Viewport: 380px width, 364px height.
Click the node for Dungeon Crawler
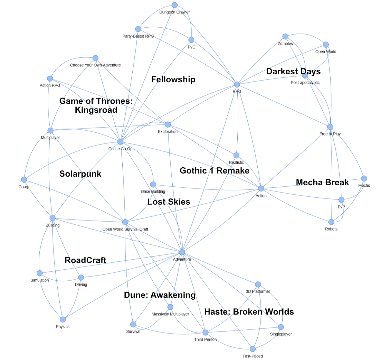point(174,5)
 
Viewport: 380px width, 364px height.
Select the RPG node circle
point(237,84)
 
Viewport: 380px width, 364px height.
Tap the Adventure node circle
point(182,252)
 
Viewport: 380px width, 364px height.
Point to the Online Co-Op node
point(120,142)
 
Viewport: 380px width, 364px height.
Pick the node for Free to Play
point(330,127)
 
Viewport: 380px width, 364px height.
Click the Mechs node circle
point(364,178)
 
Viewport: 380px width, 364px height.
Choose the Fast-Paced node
point(253,349)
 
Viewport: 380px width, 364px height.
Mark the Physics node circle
point(63,319)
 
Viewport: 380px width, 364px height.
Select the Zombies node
point(285,37)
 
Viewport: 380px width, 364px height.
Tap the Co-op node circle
point(24,180)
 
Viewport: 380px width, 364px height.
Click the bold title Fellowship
point(173,80)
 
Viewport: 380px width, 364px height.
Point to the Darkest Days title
point(293,72)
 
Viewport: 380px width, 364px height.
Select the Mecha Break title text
point(322,182)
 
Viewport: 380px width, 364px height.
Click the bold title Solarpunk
point(80,174)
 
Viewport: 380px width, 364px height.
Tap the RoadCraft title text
point(85,260)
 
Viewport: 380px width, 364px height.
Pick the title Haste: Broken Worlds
point(249,312)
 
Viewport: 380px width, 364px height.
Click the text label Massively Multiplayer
point(170,314)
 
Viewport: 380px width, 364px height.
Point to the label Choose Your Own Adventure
point(95,65)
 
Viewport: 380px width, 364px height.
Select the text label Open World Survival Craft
point(125,229)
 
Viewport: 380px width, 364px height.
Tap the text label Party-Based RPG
point(138,36)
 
